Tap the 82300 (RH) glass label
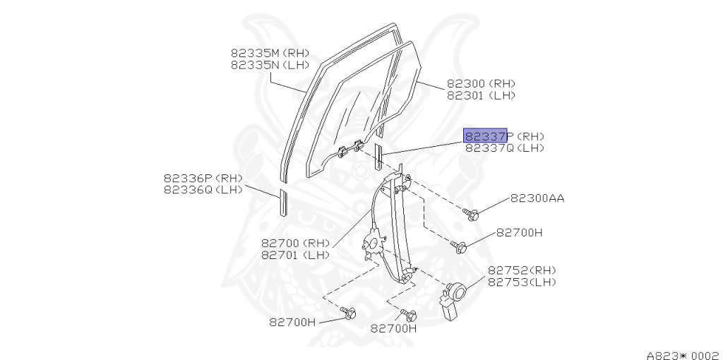point(481,83)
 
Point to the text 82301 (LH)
point(481,95)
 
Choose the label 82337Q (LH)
point(504,148)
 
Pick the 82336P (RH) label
point(203,178)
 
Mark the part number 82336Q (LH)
point(203,189)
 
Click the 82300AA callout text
point(537,198)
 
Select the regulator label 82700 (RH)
point(296,243)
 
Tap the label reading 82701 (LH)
point(296,255)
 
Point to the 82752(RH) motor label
point(522,270)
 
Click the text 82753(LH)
point(522,282)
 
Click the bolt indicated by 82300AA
point(472,213)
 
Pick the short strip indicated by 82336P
point(283,201)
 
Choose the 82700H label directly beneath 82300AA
point(519,232)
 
